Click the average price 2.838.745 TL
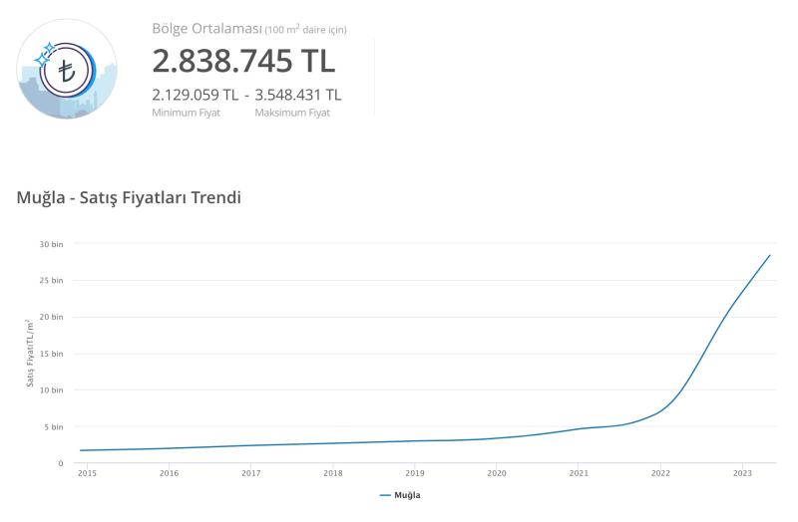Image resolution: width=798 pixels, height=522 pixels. (x=243, y=60)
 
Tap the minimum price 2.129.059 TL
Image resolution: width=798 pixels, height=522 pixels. (x=195, y=95)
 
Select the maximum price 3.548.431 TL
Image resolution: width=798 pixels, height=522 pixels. (x=298, y=95)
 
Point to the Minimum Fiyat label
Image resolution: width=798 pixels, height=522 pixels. (x=186, y=113)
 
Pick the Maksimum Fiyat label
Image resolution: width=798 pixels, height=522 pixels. (x=292, y=113)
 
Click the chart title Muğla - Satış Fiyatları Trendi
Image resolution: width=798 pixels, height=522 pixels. (x=130, y=197)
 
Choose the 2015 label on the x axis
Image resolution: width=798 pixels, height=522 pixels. (x=88, y=473)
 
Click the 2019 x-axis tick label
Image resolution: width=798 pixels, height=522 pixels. (x=415, y=473)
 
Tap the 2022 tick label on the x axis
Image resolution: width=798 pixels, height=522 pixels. (x=660, y=473)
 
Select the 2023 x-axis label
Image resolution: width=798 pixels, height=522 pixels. (x=742, y=473)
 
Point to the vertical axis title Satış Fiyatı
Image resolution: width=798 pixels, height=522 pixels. (x=31, y=354)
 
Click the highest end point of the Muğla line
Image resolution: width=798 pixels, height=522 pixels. (x=770, y=255)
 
